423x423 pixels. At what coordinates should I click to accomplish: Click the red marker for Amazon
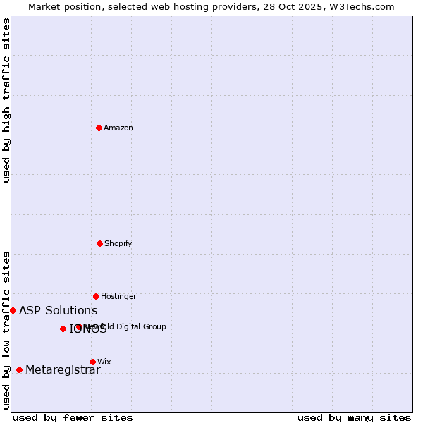click(99, 128)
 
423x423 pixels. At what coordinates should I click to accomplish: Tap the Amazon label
click(118, 128)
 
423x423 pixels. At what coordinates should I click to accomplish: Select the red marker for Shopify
click(99, 243)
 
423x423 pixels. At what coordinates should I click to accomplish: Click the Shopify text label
click(118, 243)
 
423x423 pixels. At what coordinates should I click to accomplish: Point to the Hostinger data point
click(96, 296)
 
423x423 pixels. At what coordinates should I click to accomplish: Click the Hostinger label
click(118, 296)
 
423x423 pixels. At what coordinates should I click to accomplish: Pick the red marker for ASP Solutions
click(13, 310)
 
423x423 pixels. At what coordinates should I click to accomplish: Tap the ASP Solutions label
click(58, 310)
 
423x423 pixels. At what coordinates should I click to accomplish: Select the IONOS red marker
click(63, 329)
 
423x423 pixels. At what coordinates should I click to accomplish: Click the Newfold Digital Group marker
click(78, 326)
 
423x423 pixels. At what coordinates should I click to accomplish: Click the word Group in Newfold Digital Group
click(154, 326)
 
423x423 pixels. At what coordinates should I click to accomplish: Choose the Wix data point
click(92, 362)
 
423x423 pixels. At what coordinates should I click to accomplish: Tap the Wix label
click(104, 362)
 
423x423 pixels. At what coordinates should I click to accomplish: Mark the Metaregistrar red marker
click(19, 369)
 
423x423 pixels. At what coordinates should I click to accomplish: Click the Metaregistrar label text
click(63, 369)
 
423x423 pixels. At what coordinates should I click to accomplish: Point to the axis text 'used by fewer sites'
click(73, 417)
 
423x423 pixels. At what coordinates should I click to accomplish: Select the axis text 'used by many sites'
click(354, 417)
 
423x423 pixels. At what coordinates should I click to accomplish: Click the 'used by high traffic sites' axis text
click(6, 100)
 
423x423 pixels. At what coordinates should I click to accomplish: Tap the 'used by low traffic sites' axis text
click(6, 330)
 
